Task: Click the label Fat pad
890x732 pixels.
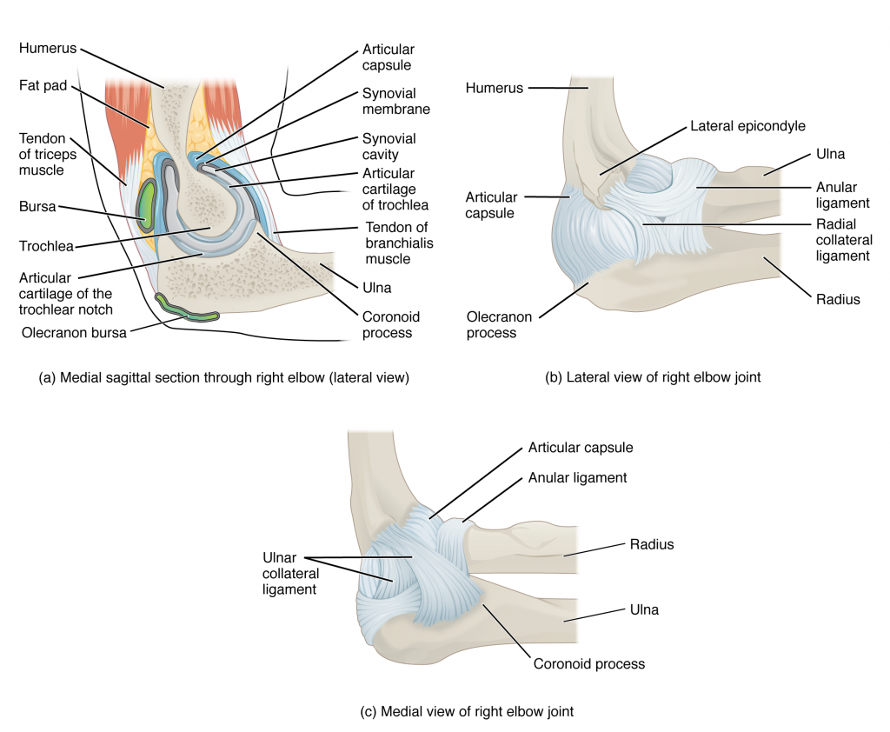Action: coord(43,87)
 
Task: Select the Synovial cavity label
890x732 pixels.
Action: coord(389,146)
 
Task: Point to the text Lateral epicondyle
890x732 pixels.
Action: coord(748,126)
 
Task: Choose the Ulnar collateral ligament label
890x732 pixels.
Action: coord(290,574)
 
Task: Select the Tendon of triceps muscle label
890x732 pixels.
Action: coord(42,154)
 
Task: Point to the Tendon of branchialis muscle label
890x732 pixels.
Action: coord(397,243)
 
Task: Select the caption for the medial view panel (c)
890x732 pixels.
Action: coord(467,711)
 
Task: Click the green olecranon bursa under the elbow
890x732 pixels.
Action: coord(185,308)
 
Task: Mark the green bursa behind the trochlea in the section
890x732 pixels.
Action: coord(146,205)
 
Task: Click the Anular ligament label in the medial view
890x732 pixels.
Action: coord(577,477)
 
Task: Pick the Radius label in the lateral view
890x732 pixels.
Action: coord(838,299)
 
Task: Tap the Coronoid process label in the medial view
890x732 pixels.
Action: coord(588,663)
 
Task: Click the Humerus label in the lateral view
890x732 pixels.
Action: coord(495,88)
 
